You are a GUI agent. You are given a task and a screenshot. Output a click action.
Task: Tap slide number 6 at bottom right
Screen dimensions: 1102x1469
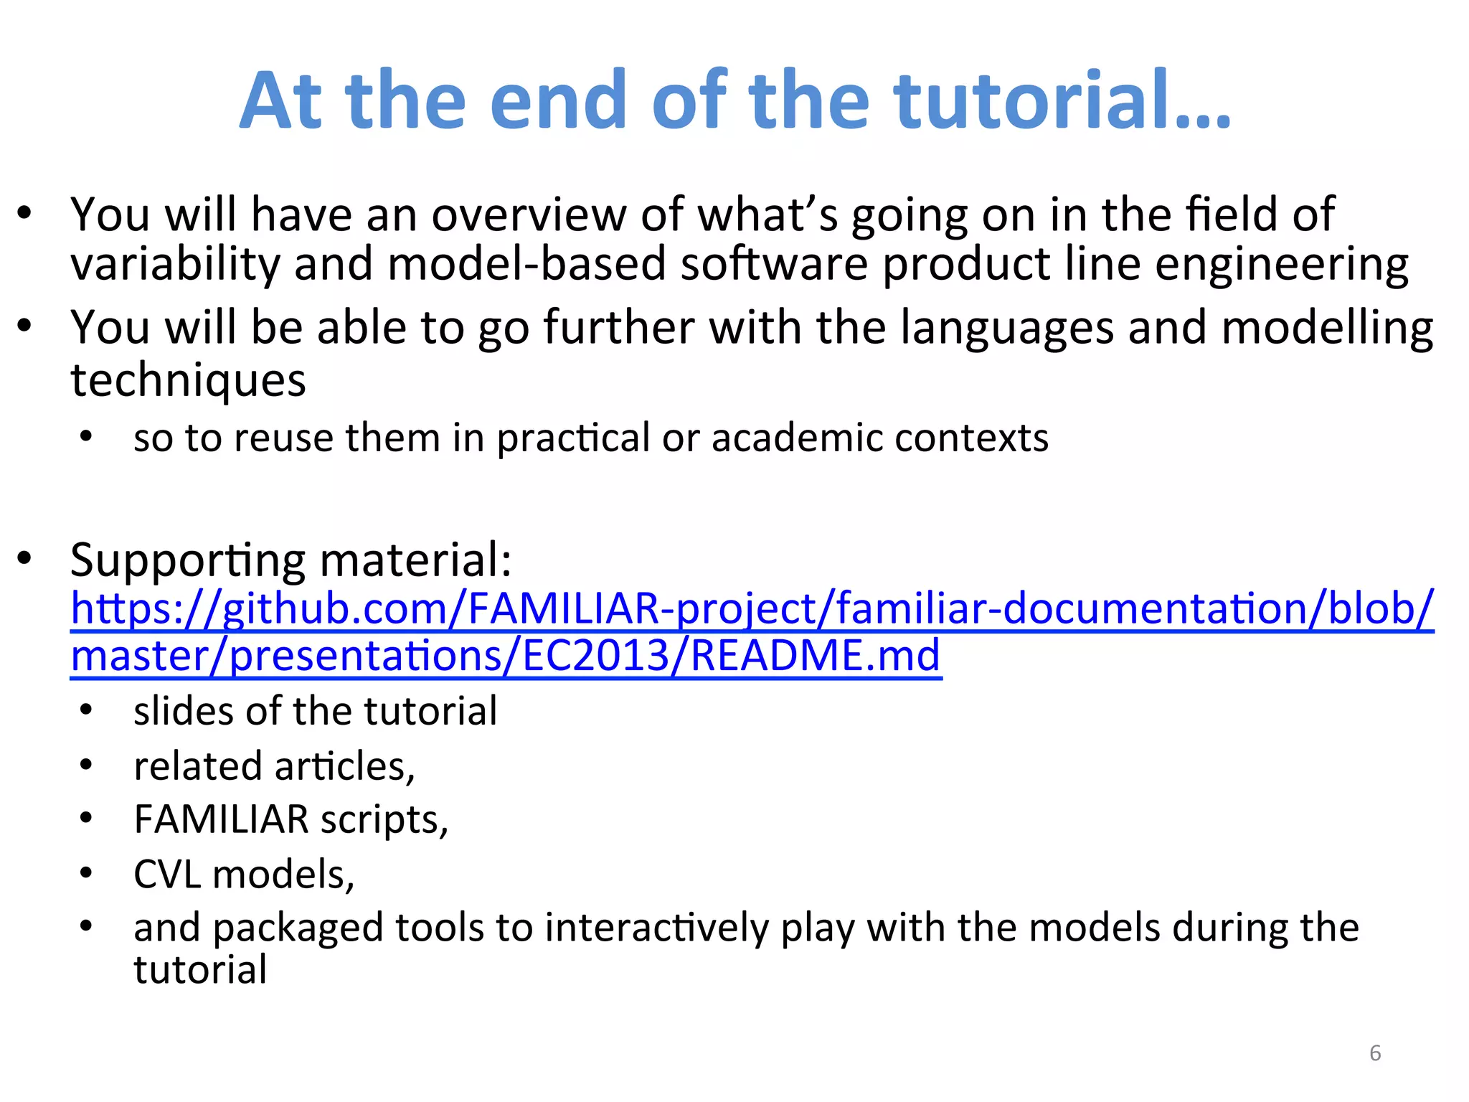tap(1374, 1053)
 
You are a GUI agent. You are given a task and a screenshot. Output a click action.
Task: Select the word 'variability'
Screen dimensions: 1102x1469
tap(175, 264)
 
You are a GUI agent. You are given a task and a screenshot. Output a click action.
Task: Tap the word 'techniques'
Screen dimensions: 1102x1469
tap(188, 380)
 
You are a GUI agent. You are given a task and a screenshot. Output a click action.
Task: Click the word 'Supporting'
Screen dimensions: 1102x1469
tap(188, 560)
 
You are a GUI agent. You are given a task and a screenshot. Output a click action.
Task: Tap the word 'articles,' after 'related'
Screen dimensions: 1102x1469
tap(344, 766)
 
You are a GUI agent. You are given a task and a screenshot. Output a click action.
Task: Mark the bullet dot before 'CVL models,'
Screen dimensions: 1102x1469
tap(87, 873)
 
